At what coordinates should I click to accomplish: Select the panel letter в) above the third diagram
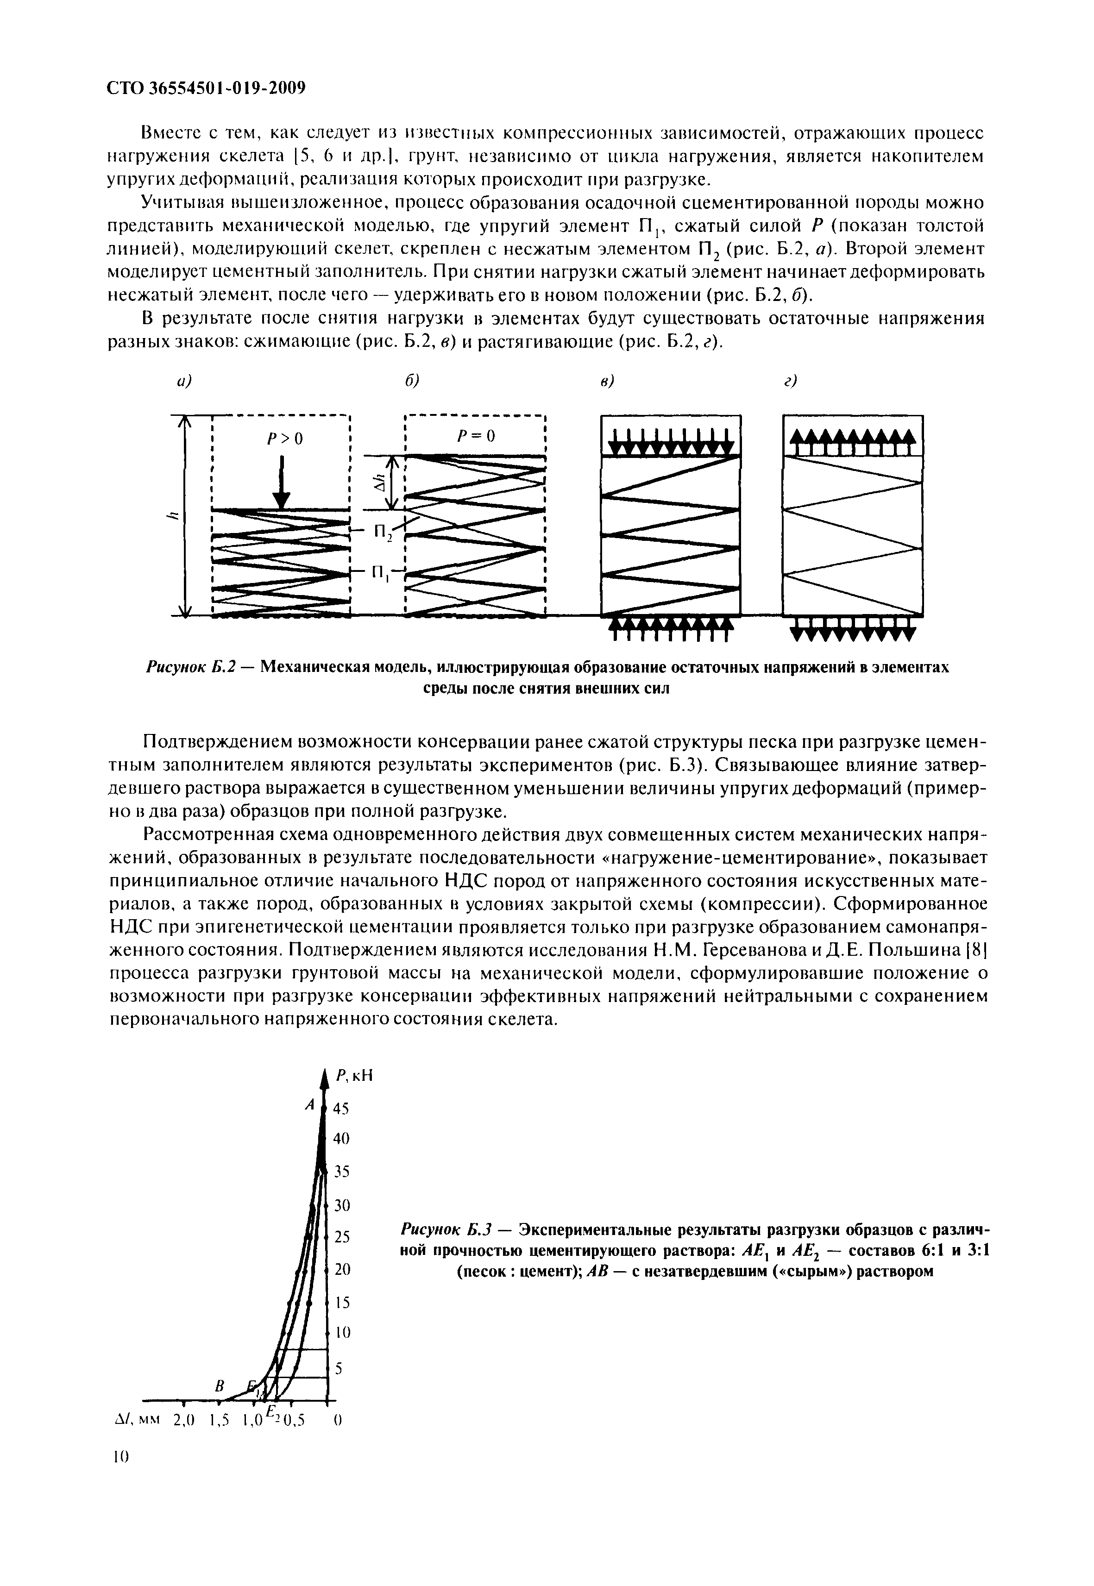(x=607, y=381)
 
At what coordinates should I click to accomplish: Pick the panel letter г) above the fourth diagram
(x=792, y=381)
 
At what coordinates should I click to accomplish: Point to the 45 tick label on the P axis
(x=341, y=1108)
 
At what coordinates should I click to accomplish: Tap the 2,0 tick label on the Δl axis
(x=184, y=1421)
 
